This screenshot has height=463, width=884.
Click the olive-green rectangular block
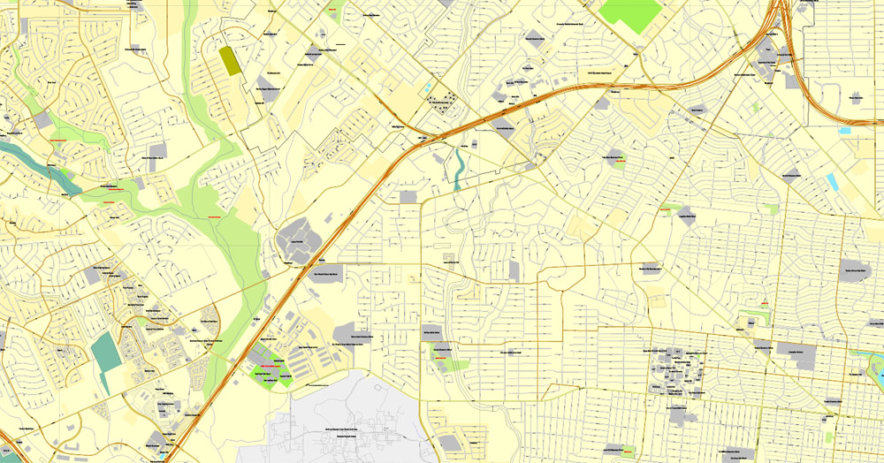click(x=230, y=60)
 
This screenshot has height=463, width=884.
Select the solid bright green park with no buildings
click(x=630, y=14)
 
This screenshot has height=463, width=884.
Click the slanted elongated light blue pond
click(x=833, y=183)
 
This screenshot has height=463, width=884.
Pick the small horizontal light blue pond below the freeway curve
click(x=845, y=130)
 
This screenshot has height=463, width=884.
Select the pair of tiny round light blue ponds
click(x=429, y=89)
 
